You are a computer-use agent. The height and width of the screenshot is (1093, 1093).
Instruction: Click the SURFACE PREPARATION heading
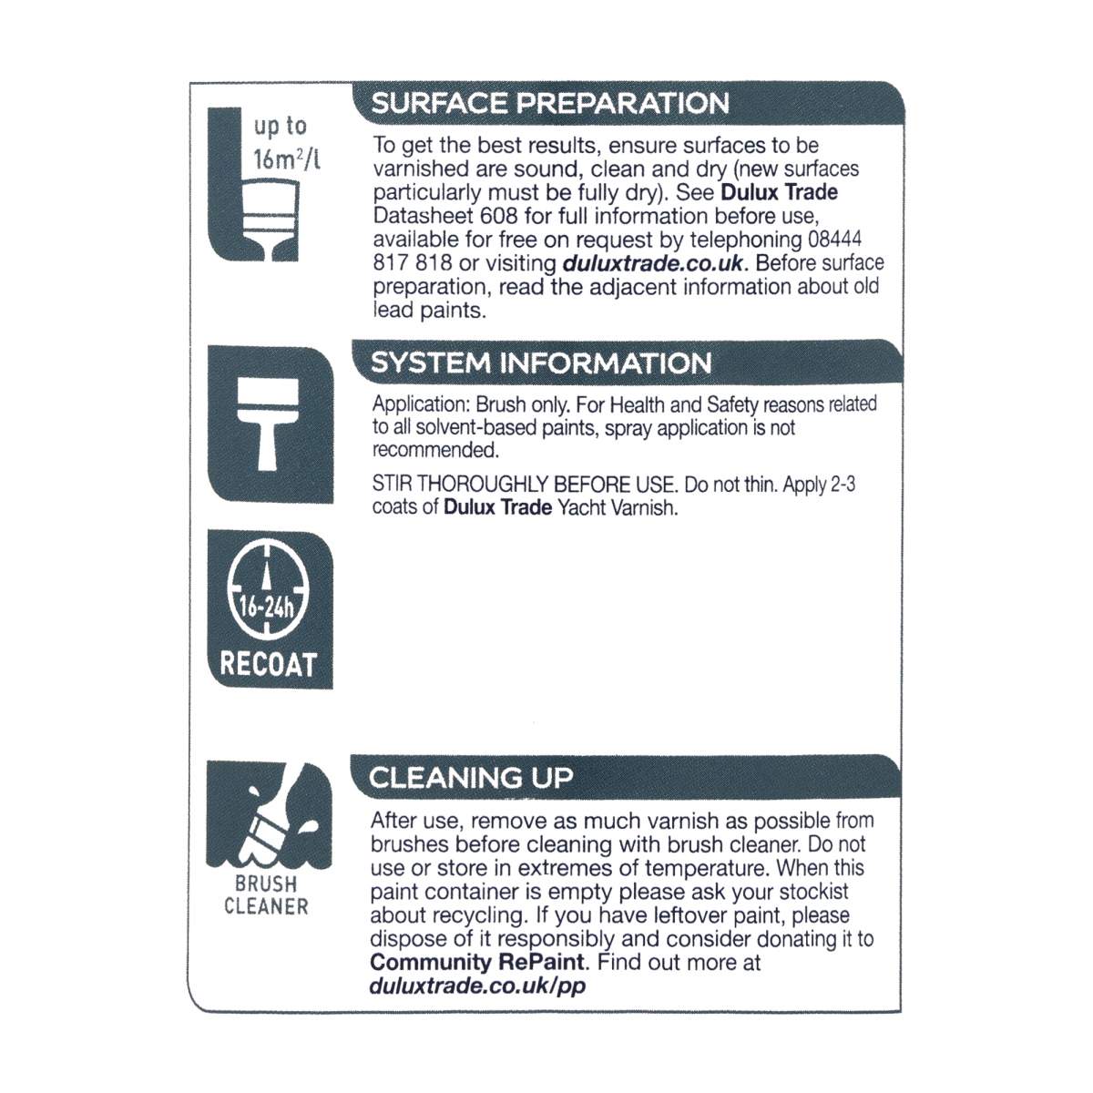pyautogui.click(x=549, y=103)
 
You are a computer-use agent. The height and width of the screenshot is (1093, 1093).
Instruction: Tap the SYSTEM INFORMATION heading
pyautogui.click(x=541, y=363)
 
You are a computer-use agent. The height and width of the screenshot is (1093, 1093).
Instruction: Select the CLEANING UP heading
pyautogui.click(x=471, y=777)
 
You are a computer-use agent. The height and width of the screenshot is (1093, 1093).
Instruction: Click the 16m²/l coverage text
pyautogui.click(x=287, y=159)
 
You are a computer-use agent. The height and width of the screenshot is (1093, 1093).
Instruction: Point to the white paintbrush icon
pyautogui.click(x=268, y=424)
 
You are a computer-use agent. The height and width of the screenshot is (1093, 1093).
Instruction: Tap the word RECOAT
pyautogui.click(x=268, y=665)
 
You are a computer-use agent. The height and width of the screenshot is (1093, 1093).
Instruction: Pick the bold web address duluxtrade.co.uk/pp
pyautogui.click(x=477, y=986)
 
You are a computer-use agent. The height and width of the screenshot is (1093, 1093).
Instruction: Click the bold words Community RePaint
pyautogui.click(x=477, y=962)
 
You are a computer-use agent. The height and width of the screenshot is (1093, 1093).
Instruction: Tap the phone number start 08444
pyautogui.click(x=834, y=240)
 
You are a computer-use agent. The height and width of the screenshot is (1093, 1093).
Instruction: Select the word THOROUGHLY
pyautogui.click(x=484, y=485)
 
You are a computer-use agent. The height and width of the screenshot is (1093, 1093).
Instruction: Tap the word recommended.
pyautogui.click(x=435, y=450)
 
